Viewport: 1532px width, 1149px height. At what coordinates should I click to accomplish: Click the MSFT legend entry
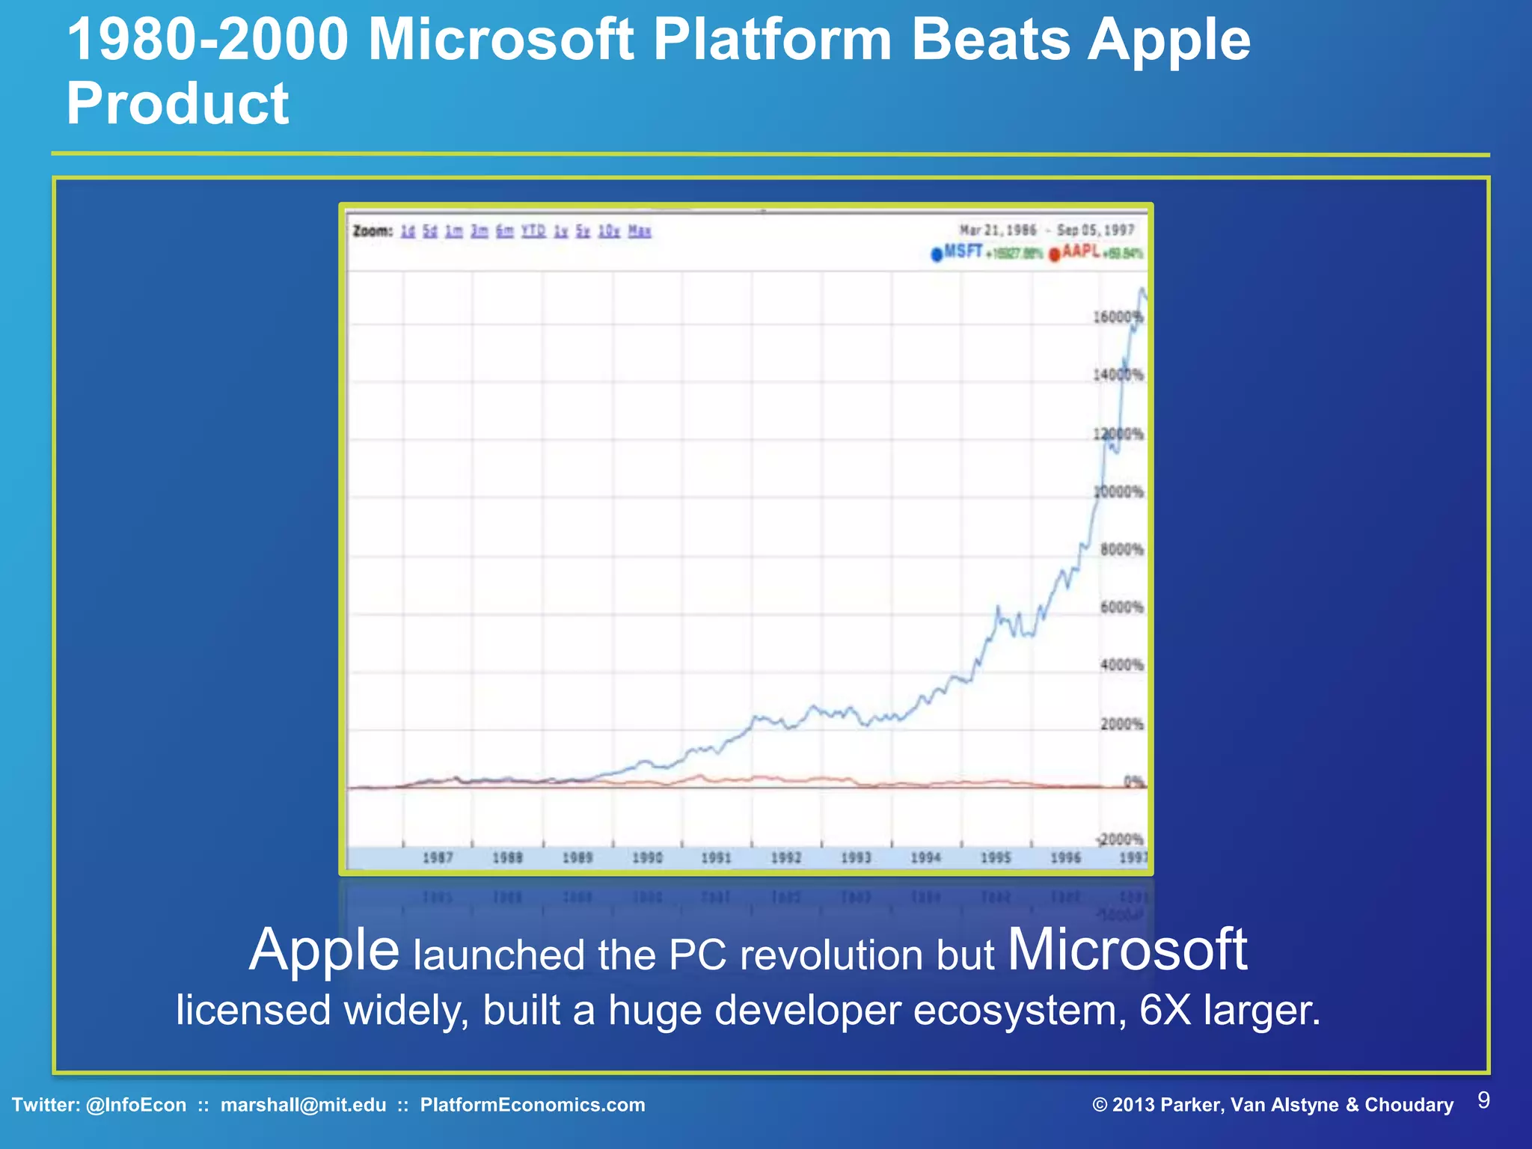(962, 252)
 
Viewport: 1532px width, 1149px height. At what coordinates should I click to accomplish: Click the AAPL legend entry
(1080, 252)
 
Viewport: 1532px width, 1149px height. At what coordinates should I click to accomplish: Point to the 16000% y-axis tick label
(1118, 317)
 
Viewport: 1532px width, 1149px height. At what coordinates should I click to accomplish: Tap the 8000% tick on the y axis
(1122, 550)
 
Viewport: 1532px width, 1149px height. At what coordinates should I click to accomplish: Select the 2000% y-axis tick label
(1122, 724)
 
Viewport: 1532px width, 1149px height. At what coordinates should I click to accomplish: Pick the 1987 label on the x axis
(438, 857)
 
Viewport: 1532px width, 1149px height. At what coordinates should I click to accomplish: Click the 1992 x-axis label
(786, 857)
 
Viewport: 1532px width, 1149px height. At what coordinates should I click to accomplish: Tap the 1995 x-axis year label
(996, 857)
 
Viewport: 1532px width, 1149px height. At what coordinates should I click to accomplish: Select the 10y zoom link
(609, 231)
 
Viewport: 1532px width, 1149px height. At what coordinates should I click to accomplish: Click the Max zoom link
(640, 231)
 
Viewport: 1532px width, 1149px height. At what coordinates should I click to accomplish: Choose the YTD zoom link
(533, 231)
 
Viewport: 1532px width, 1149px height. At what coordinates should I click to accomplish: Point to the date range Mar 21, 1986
(998, 230)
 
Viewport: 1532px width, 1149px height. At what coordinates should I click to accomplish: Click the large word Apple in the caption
(324, 950)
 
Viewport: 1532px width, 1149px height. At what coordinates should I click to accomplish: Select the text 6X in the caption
(1165, 1010)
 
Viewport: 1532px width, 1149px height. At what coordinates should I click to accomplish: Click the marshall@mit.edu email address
(303, 1105)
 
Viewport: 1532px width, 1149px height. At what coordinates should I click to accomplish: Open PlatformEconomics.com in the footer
(533, 1105)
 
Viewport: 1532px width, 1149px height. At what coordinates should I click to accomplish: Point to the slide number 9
(1484, 1100)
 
